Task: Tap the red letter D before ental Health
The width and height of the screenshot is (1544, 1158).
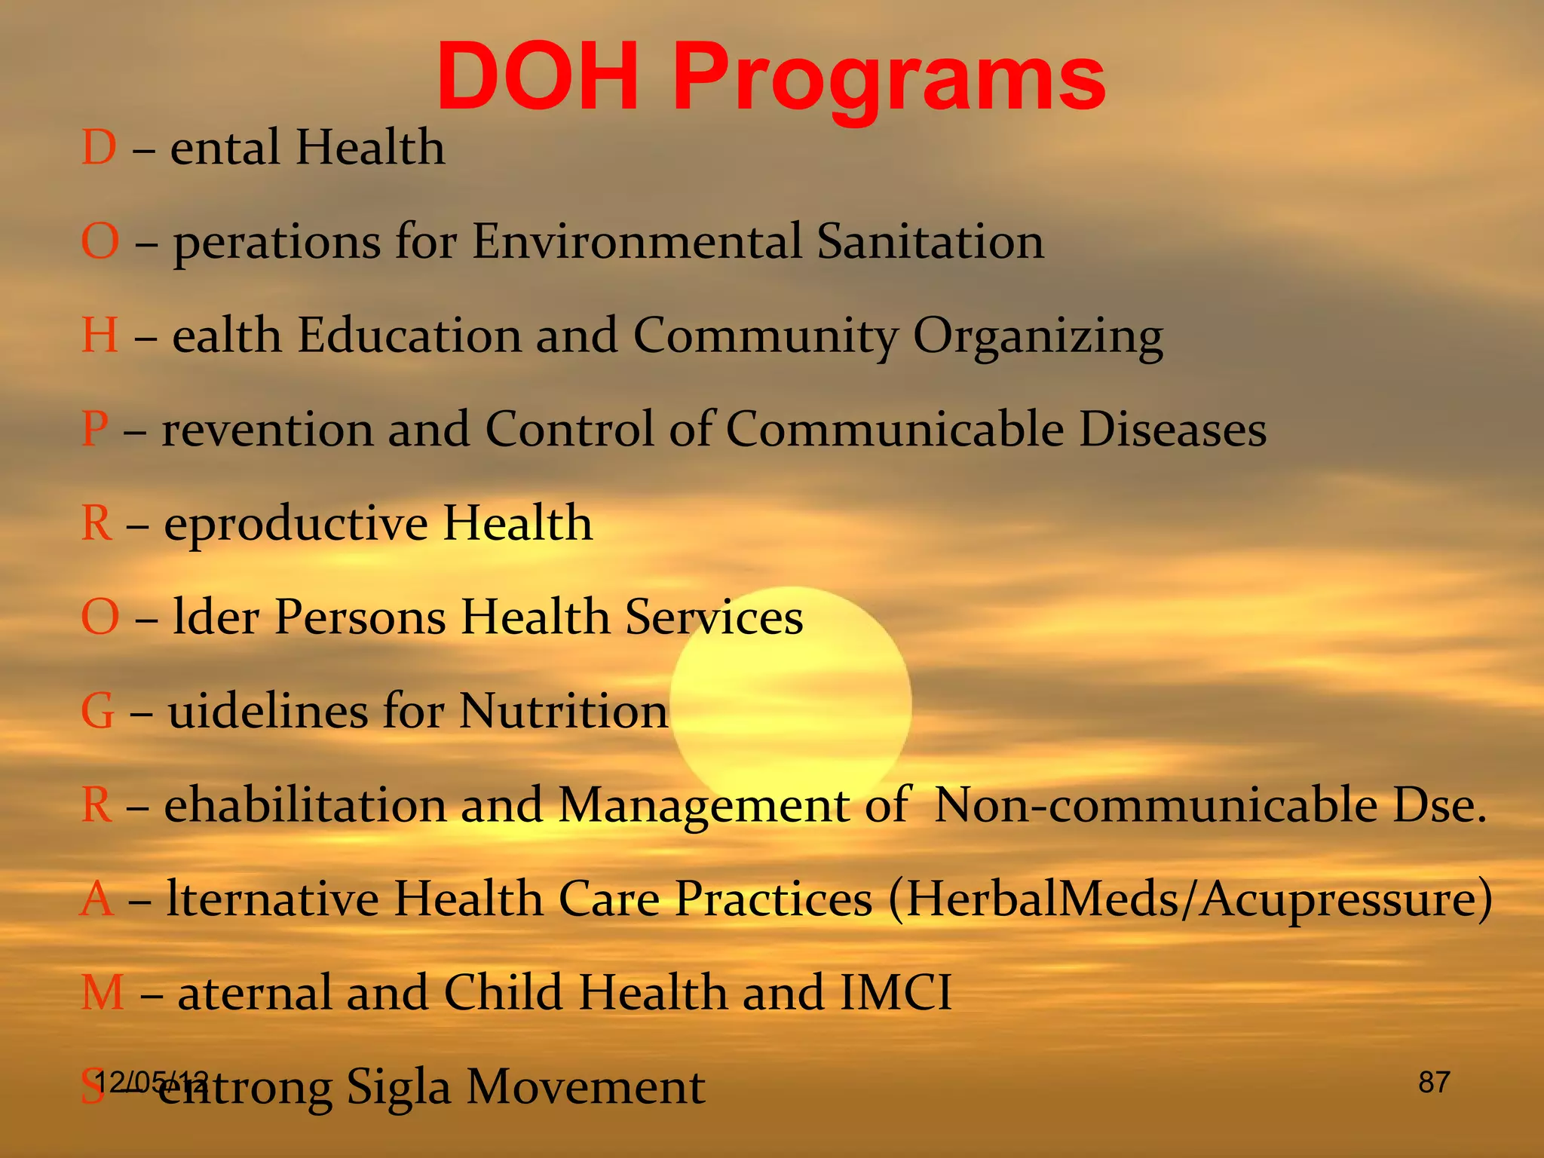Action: pyautogui.click(x=99, y=147)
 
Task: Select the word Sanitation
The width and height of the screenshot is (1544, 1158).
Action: pyautogui.click(x=930, y=241)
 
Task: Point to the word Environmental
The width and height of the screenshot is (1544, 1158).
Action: pyautogui.click(x=637, y=241)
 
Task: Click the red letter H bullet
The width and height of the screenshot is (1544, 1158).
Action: pyautogui.click(x=100, y=335)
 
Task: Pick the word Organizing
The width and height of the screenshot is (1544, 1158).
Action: pyautogui.click(x=1038, y=336)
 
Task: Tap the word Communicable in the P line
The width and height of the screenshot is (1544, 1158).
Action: pyautogui.click(x=895, y=429)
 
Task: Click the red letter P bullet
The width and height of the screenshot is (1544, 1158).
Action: pyautogui.click(x=95, y=429)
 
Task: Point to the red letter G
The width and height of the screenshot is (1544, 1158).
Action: pyautogui.click(x=98, y=711)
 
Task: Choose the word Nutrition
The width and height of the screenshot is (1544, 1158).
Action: pyautogui.click(x=563, y=711)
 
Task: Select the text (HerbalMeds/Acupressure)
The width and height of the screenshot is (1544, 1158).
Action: pyautogui.click(x=1190, y=899)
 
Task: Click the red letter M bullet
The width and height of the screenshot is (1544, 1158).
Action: pyautogui.click(x=102, y=992)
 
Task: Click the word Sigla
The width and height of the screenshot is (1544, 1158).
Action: pyautogui.click(x=398, y=1087)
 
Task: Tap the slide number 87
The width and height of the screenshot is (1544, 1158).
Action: pyautogui.click(x=1434, y=1083)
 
